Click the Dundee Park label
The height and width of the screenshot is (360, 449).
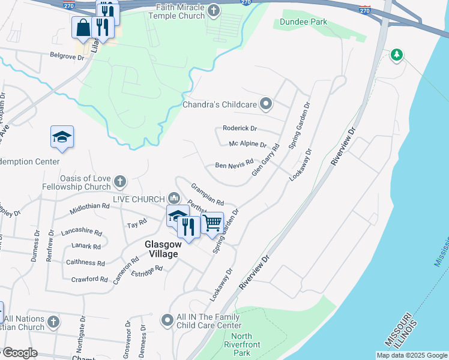[303, 22]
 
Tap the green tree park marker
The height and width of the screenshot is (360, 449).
[396, 56]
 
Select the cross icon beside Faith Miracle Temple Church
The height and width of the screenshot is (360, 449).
[213, 11]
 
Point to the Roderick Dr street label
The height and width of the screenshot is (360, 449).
[240, 128]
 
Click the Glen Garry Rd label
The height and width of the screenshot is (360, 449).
[266, 160]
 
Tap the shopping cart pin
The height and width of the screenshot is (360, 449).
[212, 223]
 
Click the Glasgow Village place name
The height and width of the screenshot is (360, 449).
[161, 249]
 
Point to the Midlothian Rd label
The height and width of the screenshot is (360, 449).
[89, 206]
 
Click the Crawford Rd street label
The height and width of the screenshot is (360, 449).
[88, 279]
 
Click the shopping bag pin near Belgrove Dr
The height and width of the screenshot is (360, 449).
[82, 27]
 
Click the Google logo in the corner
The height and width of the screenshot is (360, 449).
[19, 353]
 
